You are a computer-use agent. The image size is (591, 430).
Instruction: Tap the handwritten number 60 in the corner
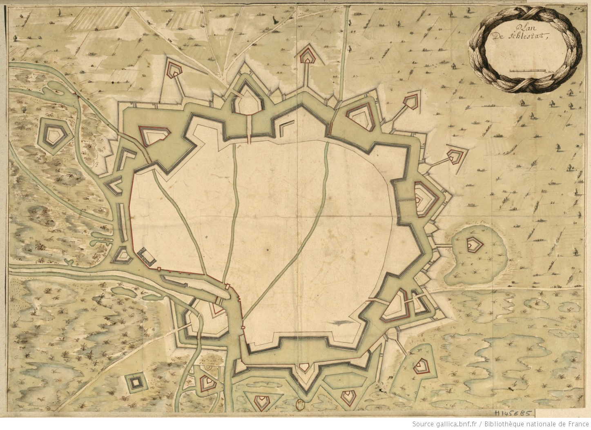[x=582, y=8]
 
